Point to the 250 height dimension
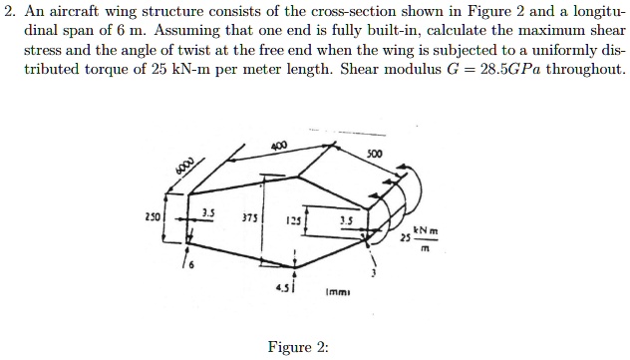[x=153, y=216]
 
